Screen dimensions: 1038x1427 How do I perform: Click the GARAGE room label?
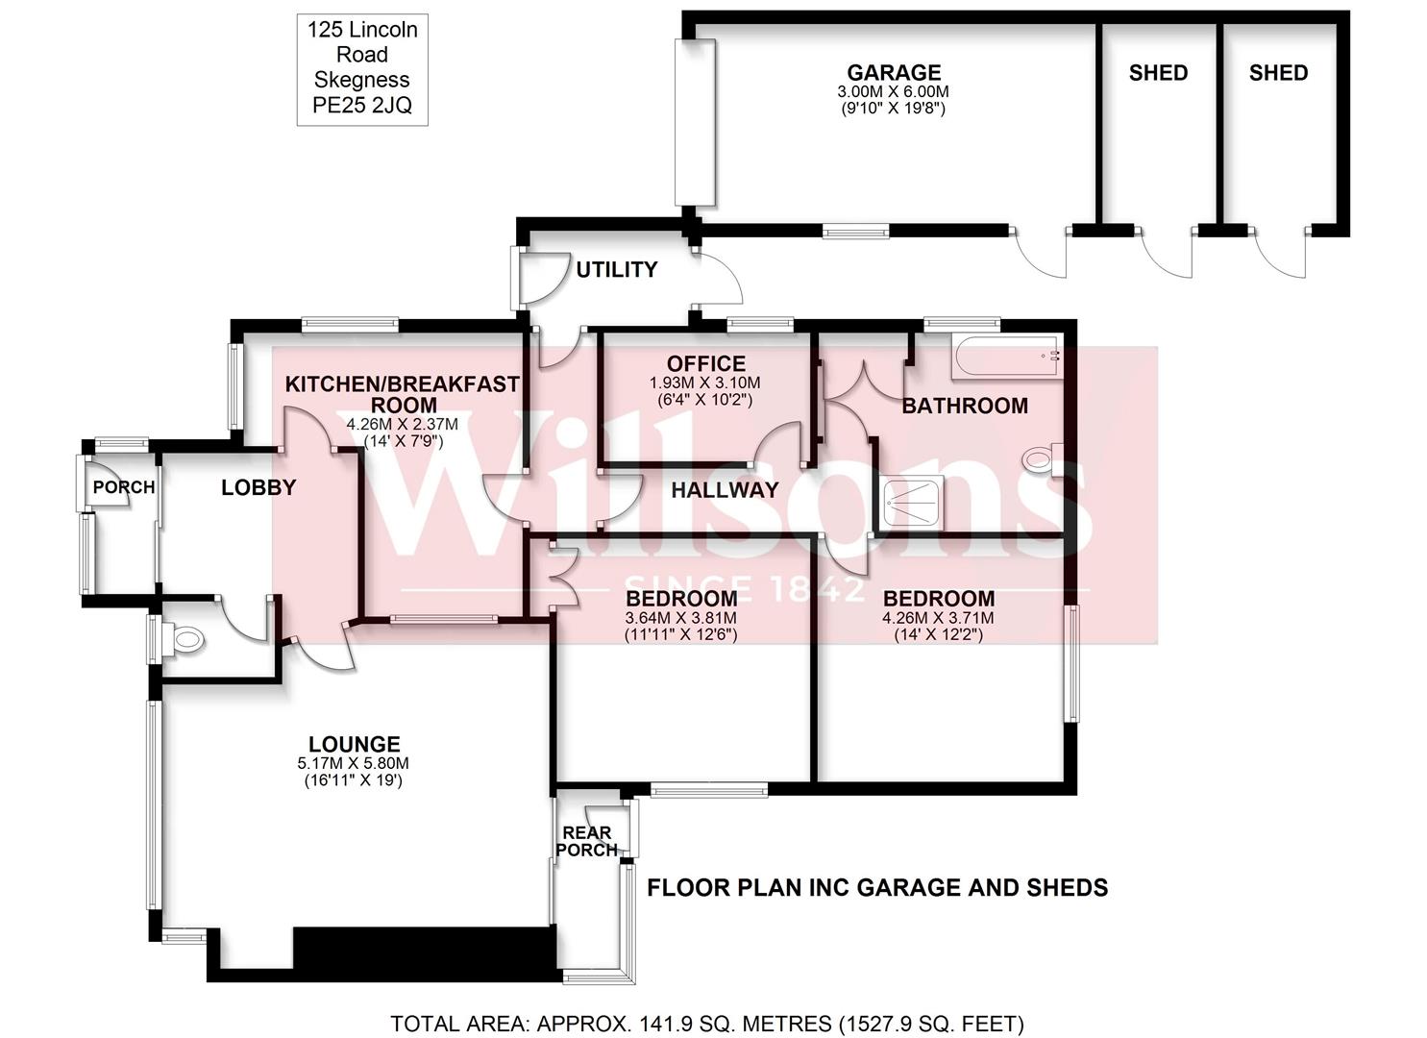pyautogui.click(x=894, y=73)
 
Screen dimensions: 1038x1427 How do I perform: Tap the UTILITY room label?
pyautogui.click(x=617, y=270)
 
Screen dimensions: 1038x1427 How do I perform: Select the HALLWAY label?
pyautogui.click(x=725, y=490)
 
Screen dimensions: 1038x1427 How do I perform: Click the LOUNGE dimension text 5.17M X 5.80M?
pyautogui.click(x=354, y=763)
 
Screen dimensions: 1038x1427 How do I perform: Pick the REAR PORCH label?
pyautogui.click(x=586, y=841)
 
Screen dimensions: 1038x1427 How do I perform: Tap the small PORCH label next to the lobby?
pyautogui.click(x=124, y=487)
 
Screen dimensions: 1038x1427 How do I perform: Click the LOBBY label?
pyautogui.click(x=258, y=487)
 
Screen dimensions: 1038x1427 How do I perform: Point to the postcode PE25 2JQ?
pyautogui.click(x=362, y=106)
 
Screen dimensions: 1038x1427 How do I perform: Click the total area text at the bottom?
pyautogui.click(x=707, y=1024)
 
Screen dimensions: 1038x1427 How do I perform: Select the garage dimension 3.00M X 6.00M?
pyautogui.click(x=894, y=92)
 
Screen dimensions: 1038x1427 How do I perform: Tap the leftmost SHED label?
pyautogui.click(x=1158, y=73)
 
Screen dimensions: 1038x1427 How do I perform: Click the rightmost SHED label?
pyautogui.click(x=1278, y=73)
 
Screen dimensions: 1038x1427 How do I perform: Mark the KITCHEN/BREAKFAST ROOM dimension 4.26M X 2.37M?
pyautogui.click(x=403, y=424)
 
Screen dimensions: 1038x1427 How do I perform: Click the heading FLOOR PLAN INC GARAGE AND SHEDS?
pyautogui.click(x=877, y=887)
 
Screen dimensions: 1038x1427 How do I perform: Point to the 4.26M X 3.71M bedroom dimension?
pyautogui.click(x=938, y=618)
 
